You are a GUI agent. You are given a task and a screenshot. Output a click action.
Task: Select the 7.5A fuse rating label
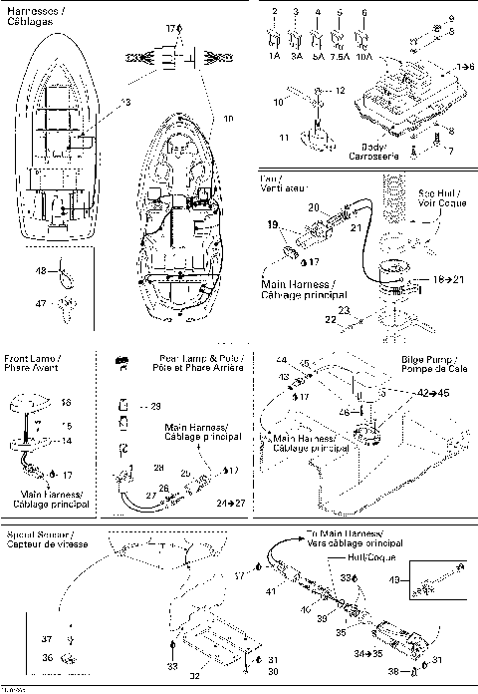coord(341,59)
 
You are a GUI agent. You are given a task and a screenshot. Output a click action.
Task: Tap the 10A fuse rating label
coord(365,59)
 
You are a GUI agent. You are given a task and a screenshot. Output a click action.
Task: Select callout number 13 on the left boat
coord(125,103)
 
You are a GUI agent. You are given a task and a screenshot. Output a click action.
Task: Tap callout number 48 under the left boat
coord(42,270)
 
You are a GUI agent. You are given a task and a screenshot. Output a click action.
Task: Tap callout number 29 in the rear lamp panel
coord(153,406)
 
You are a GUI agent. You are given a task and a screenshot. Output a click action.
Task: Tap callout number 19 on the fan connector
coord(272,225)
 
